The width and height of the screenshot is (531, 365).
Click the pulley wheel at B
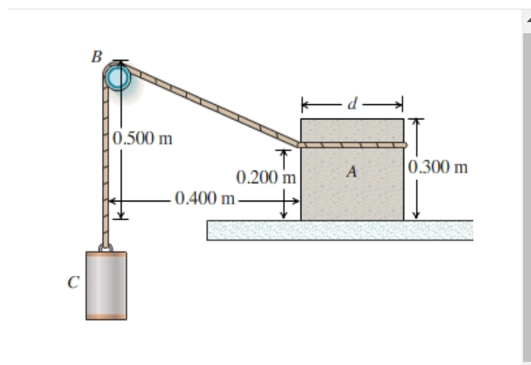point(119,77)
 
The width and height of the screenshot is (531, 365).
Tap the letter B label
point(96,56)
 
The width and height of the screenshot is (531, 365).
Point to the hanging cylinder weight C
point(106,285)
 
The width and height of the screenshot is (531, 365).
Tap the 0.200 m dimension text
point(266,177)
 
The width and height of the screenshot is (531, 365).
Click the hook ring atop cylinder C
point(105,246)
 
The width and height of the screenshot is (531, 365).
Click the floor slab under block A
point(339,230)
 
